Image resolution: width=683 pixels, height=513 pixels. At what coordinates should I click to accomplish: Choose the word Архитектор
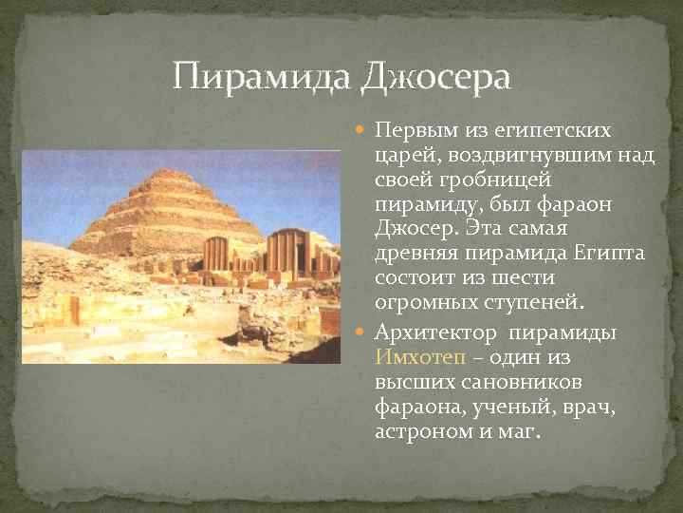tap(437, 332)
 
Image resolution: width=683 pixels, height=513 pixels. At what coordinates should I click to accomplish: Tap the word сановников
tap(512, 383)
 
